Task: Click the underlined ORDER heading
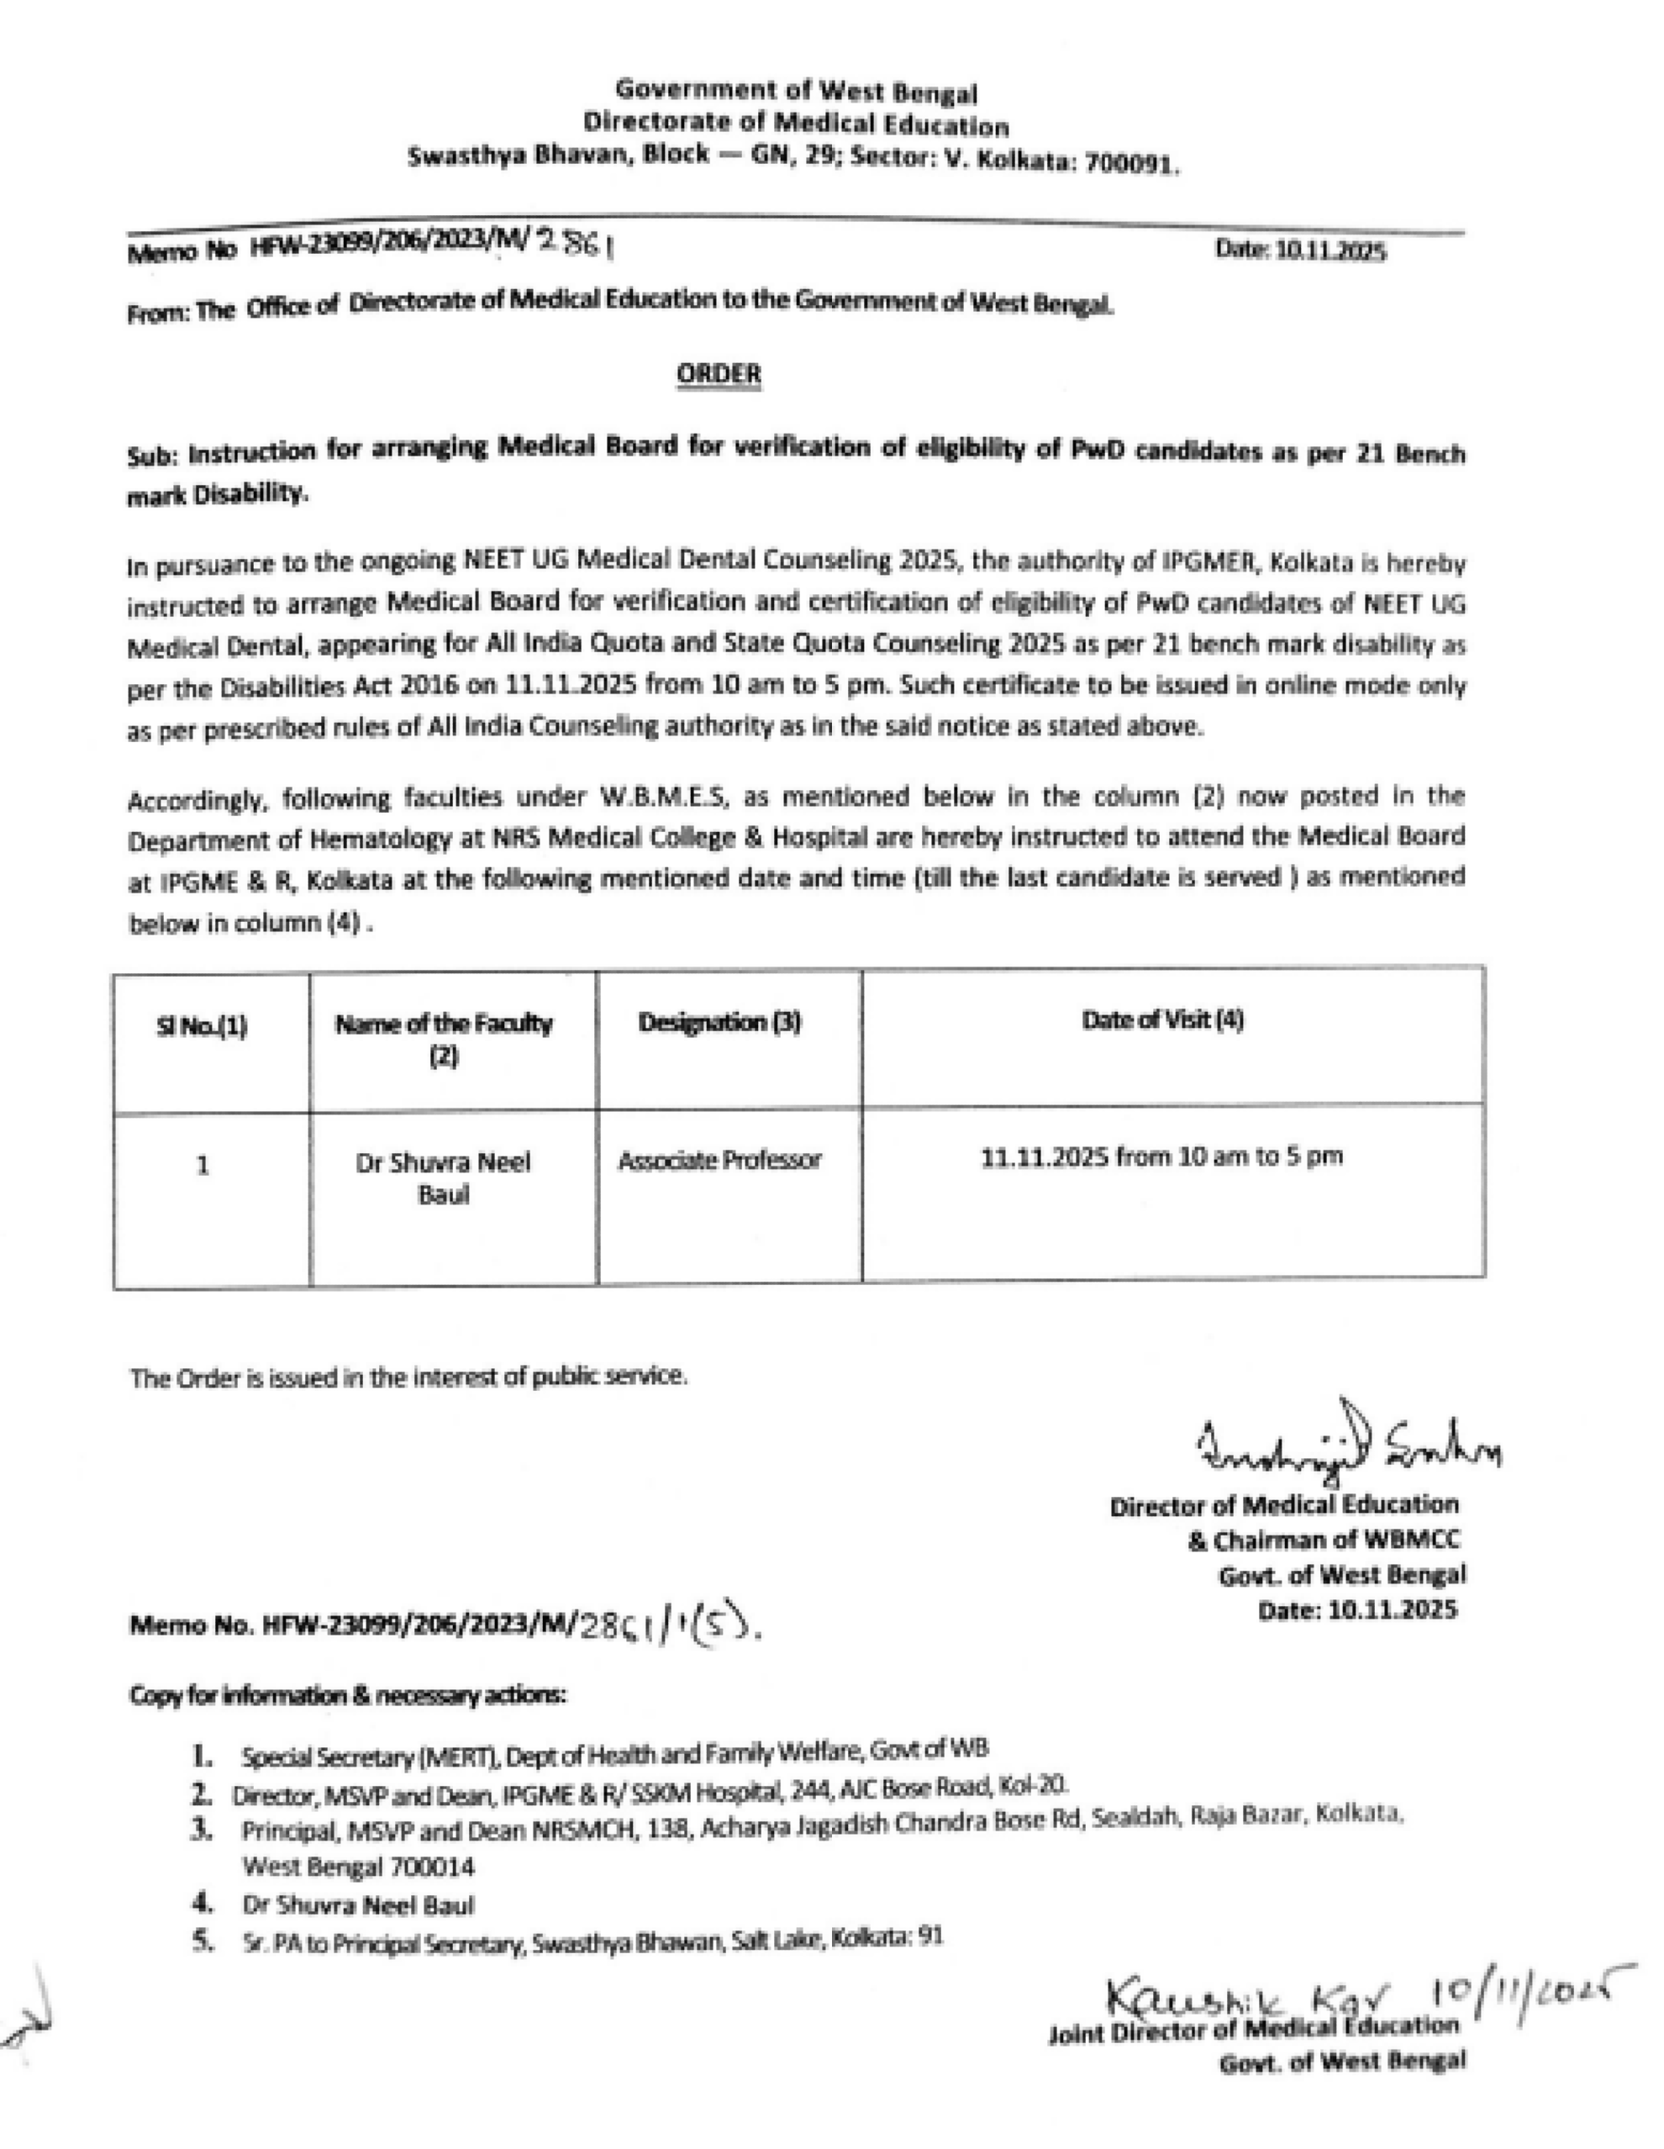[x=719, y=374]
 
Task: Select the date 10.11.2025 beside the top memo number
[x=1301, y=251]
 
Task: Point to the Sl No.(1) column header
[x=202, y=1027]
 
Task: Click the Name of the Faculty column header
[x=444, y=1039]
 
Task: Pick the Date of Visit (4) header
[x=1162, y=1019]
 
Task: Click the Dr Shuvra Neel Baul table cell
[x=444, y=1177]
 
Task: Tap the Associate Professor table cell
[x=719, y=1161]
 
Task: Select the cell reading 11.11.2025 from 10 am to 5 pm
[x=1162, y=1157]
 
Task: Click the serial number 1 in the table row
[x=203, y=1166]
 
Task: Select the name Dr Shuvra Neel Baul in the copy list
[x=358, y=1905]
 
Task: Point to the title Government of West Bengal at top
[x=796, y=92]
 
